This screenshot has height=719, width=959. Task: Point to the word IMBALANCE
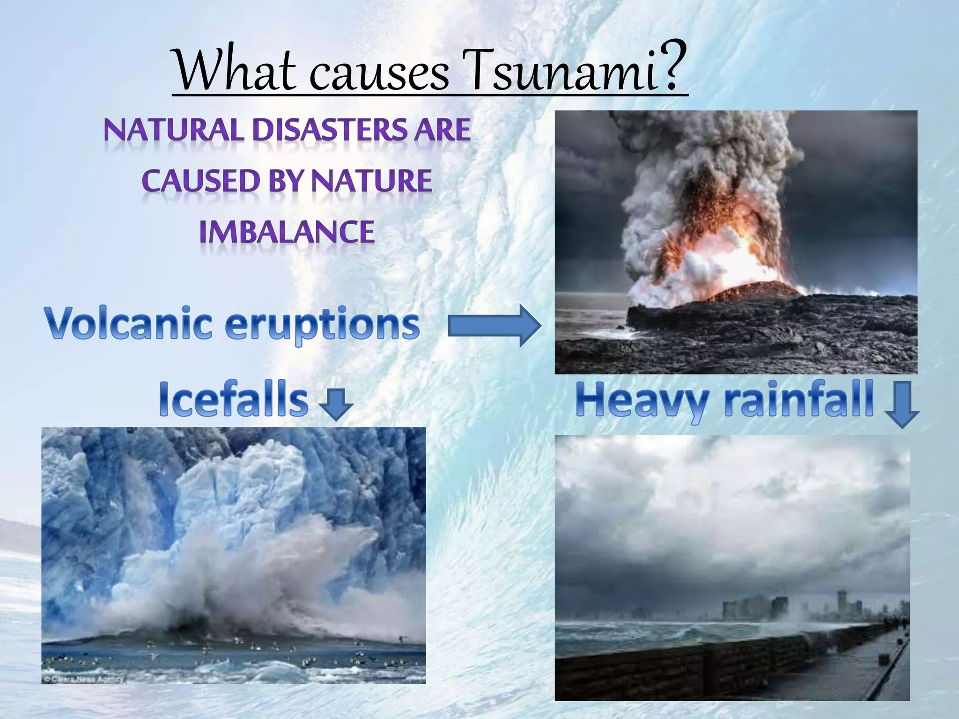tap(287, 232)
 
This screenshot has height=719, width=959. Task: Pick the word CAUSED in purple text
tap(200, 181)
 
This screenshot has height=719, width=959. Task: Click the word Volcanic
tap(129, 323)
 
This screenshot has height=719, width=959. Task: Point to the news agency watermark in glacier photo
tap(84, 679)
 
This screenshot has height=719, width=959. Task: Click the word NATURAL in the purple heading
tap(174, 130)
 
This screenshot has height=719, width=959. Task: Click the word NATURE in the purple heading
tap(371, 181)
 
